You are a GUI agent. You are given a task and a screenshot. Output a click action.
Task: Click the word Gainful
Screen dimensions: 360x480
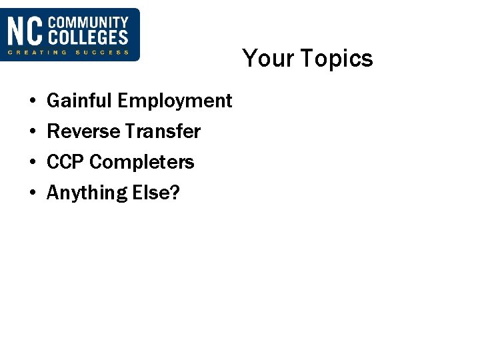80,101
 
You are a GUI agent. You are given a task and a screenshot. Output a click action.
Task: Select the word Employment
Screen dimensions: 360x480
175,101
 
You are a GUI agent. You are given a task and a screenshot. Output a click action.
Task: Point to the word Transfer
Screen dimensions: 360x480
161,132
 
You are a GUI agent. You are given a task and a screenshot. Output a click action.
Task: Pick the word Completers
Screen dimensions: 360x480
142,163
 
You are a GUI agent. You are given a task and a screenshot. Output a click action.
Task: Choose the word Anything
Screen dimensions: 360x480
87,193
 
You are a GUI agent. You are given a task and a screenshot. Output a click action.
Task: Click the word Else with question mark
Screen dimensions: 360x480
156,193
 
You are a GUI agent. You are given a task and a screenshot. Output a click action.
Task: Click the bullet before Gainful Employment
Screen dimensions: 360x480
32,102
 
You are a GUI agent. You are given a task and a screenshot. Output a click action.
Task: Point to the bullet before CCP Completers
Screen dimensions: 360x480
32,163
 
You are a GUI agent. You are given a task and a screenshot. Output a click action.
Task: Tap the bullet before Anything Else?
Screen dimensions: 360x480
32,193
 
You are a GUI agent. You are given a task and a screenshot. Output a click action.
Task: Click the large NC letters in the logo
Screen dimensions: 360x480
25,31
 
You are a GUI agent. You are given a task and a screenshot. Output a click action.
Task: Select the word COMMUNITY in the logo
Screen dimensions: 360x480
87,23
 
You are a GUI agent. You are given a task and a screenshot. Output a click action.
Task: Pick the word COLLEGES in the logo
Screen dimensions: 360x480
87,38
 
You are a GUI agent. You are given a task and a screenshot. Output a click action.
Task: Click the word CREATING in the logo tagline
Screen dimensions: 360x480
37,52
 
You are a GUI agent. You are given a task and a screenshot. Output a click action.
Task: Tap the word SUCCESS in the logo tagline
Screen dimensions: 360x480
101,52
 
